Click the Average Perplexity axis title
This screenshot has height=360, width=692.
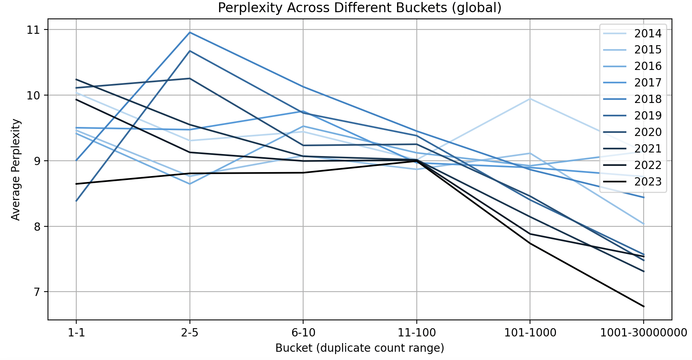click(x=16, y=169)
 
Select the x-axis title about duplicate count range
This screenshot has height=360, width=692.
click(x=359, y=348)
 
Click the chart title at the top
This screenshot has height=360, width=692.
click(x=359, y=8)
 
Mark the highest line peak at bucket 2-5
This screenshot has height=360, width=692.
click(x=190, y=33)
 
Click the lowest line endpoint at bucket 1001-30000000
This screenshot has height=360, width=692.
click(x=644, y=306)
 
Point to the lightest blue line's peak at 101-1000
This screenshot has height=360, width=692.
click(x=530, y=99)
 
